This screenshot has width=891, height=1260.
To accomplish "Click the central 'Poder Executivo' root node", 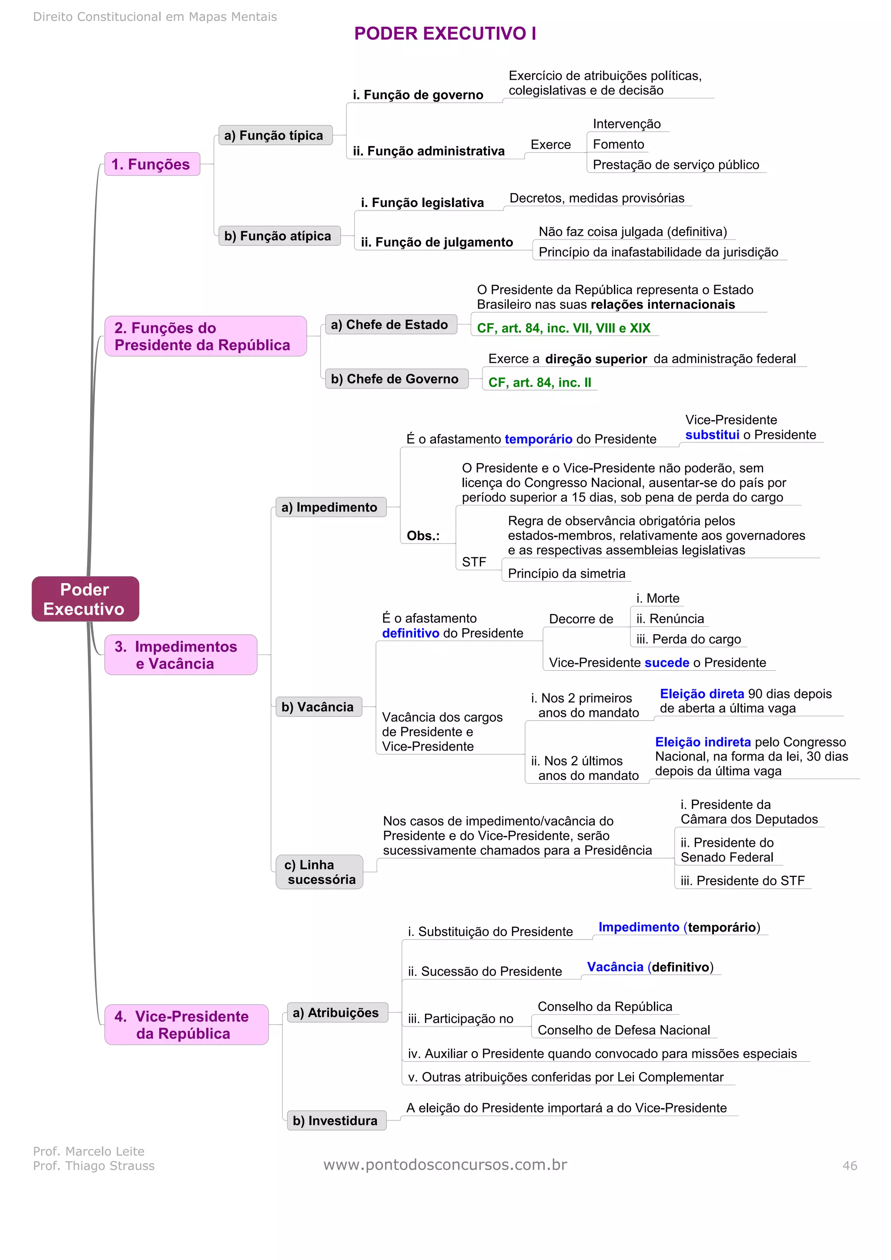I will pos(85,599).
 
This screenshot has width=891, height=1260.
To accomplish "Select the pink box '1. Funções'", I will pos(151,164).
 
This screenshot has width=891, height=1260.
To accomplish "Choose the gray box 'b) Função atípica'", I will pos(279,236).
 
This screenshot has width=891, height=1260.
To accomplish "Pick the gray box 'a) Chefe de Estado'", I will pos(390,324).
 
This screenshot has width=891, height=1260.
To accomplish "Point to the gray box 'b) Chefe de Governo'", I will pos(396,379).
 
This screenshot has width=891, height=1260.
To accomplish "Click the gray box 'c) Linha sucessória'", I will pos(319,872).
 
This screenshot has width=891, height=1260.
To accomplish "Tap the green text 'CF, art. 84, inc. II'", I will pos(539,382).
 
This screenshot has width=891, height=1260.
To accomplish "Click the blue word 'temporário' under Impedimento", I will pos(538,439).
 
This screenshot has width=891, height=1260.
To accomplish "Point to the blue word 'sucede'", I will pos(667,662).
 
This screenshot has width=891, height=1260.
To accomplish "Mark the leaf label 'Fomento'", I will pos(618,144).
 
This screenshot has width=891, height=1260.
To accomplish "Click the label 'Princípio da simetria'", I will pos(566,574).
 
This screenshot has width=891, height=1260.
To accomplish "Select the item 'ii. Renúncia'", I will pos(670,618).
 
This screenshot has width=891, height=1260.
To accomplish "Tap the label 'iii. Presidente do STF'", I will pos(742,880).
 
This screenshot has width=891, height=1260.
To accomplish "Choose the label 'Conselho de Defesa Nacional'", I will pos(623,1029).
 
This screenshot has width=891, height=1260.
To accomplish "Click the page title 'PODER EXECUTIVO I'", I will pos(445,33).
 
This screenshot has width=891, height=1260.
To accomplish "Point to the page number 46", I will pos(849,1165).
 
